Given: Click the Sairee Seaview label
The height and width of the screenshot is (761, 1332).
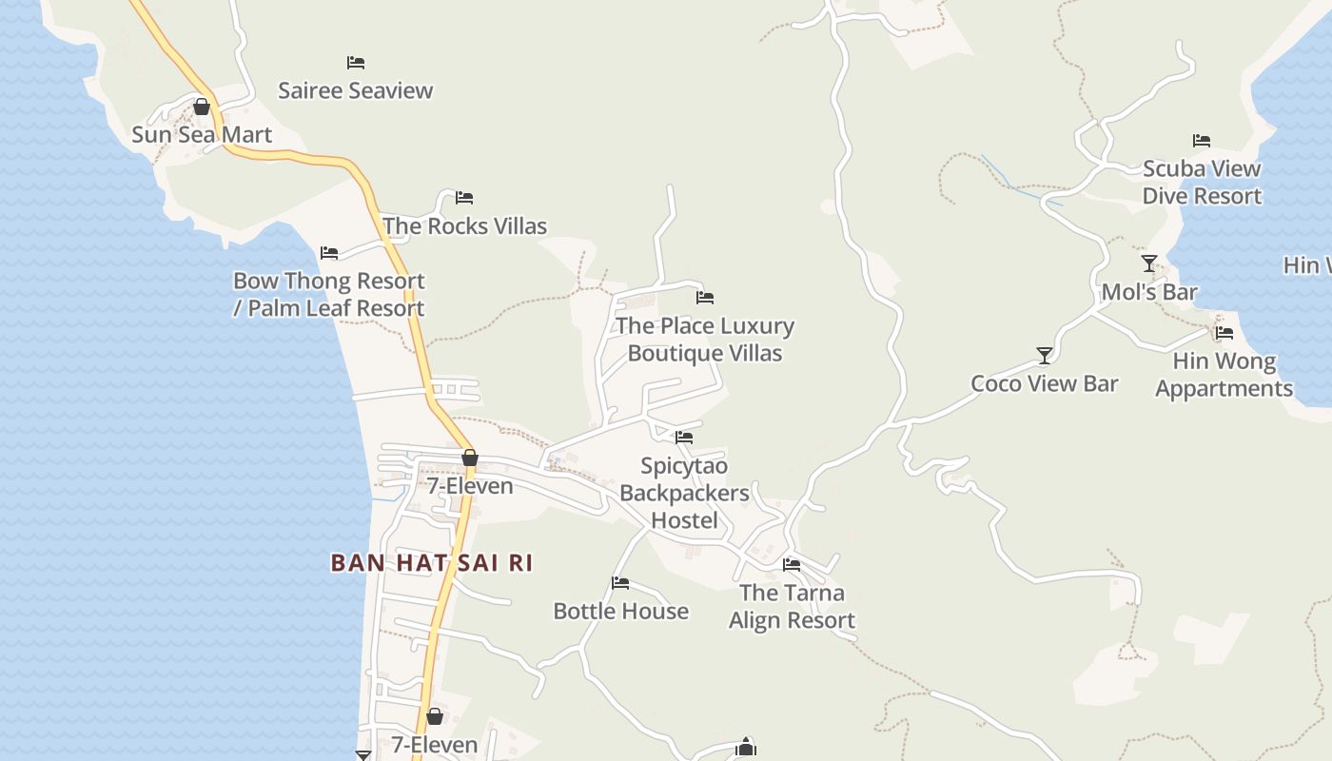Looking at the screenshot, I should click(355, 90).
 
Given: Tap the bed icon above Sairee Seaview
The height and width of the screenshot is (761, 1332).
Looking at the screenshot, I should click(356, 63).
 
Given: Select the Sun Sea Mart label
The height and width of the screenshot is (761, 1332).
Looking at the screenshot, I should click(202, 134).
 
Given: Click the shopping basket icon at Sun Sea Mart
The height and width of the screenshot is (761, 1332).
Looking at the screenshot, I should click(202, 107).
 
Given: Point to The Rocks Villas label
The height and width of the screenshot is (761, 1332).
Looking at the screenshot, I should click(464, 225).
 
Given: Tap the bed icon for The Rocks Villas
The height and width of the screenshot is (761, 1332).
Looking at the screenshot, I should click(464, 198).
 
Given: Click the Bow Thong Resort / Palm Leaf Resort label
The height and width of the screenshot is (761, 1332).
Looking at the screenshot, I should click(329, 295).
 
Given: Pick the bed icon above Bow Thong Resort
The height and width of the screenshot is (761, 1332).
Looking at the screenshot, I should click(329, 253).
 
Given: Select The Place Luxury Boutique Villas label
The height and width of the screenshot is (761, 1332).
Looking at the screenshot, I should click(705, 340).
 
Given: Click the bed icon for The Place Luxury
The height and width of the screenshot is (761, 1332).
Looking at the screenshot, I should click(705, 298).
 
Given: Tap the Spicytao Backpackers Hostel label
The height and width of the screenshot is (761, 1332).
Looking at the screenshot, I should click(684, 493).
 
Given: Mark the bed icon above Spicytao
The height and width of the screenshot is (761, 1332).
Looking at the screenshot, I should click(684, 438).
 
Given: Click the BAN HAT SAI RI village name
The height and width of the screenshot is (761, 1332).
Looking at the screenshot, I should click(431, 563).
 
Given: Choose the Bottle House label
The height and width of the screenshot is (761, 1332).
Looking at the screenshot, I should click(620, 611).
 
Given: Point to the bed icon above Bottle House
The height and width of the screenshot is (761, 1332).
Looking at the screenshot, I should click(620, 583).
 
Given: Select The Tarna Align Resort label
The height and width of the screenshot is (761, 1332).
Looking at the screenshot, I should click(792, 606).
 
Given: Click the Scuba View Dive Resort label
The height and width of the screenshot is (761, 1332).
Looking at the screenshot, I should click(1202, 182).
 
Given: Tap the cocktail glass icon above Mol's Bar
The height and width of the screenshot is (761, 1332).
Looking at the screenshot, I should click(1149, 263).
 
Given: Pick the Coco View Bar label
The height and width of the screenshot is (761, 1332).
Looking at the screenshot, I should click(1044, 383).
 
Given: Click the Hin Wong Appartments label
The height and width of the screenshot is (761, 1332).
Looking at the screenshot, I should click(1224, 375).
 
